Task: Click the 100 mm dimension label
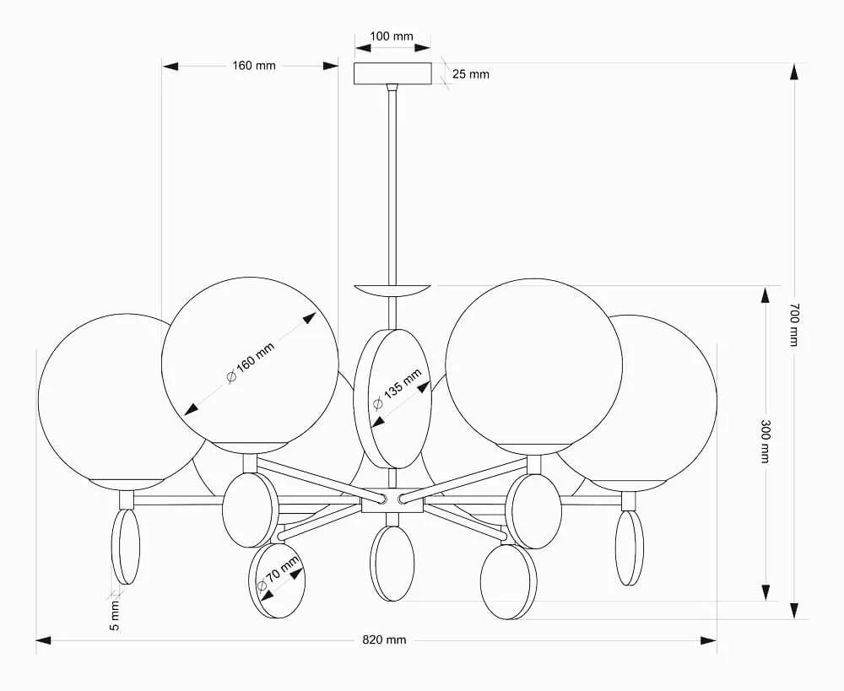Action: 392,36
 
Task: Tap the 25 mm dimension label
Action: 470,74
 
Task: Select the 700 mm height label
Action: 794,325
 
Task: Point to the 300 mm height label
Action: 765,441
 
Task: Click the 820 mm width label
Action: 384,640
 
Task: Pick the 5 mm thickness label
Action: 115,616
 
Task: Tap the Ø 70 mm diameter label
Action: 278,575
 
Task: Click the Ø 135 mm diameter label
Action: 398,389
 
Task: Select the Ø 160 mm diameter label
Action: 251,362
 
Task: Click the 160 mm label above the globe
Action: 254,66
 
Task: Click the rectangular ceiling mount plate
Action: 392,73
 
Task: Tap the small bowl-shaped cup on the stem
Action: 392,290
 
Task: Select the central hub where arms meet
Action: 392,500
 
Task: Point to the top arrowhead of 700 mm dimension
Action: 794,72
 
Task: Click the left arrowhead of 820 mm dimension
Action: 44,640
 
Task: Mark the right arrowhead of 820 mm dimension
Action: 708,640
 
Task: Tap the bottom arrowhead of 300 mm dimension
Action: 765,592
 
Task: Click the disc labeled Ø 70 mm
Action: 277,580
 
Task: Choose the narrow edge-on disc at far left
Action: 126,547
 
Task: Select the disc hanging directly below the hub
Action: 392,563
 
